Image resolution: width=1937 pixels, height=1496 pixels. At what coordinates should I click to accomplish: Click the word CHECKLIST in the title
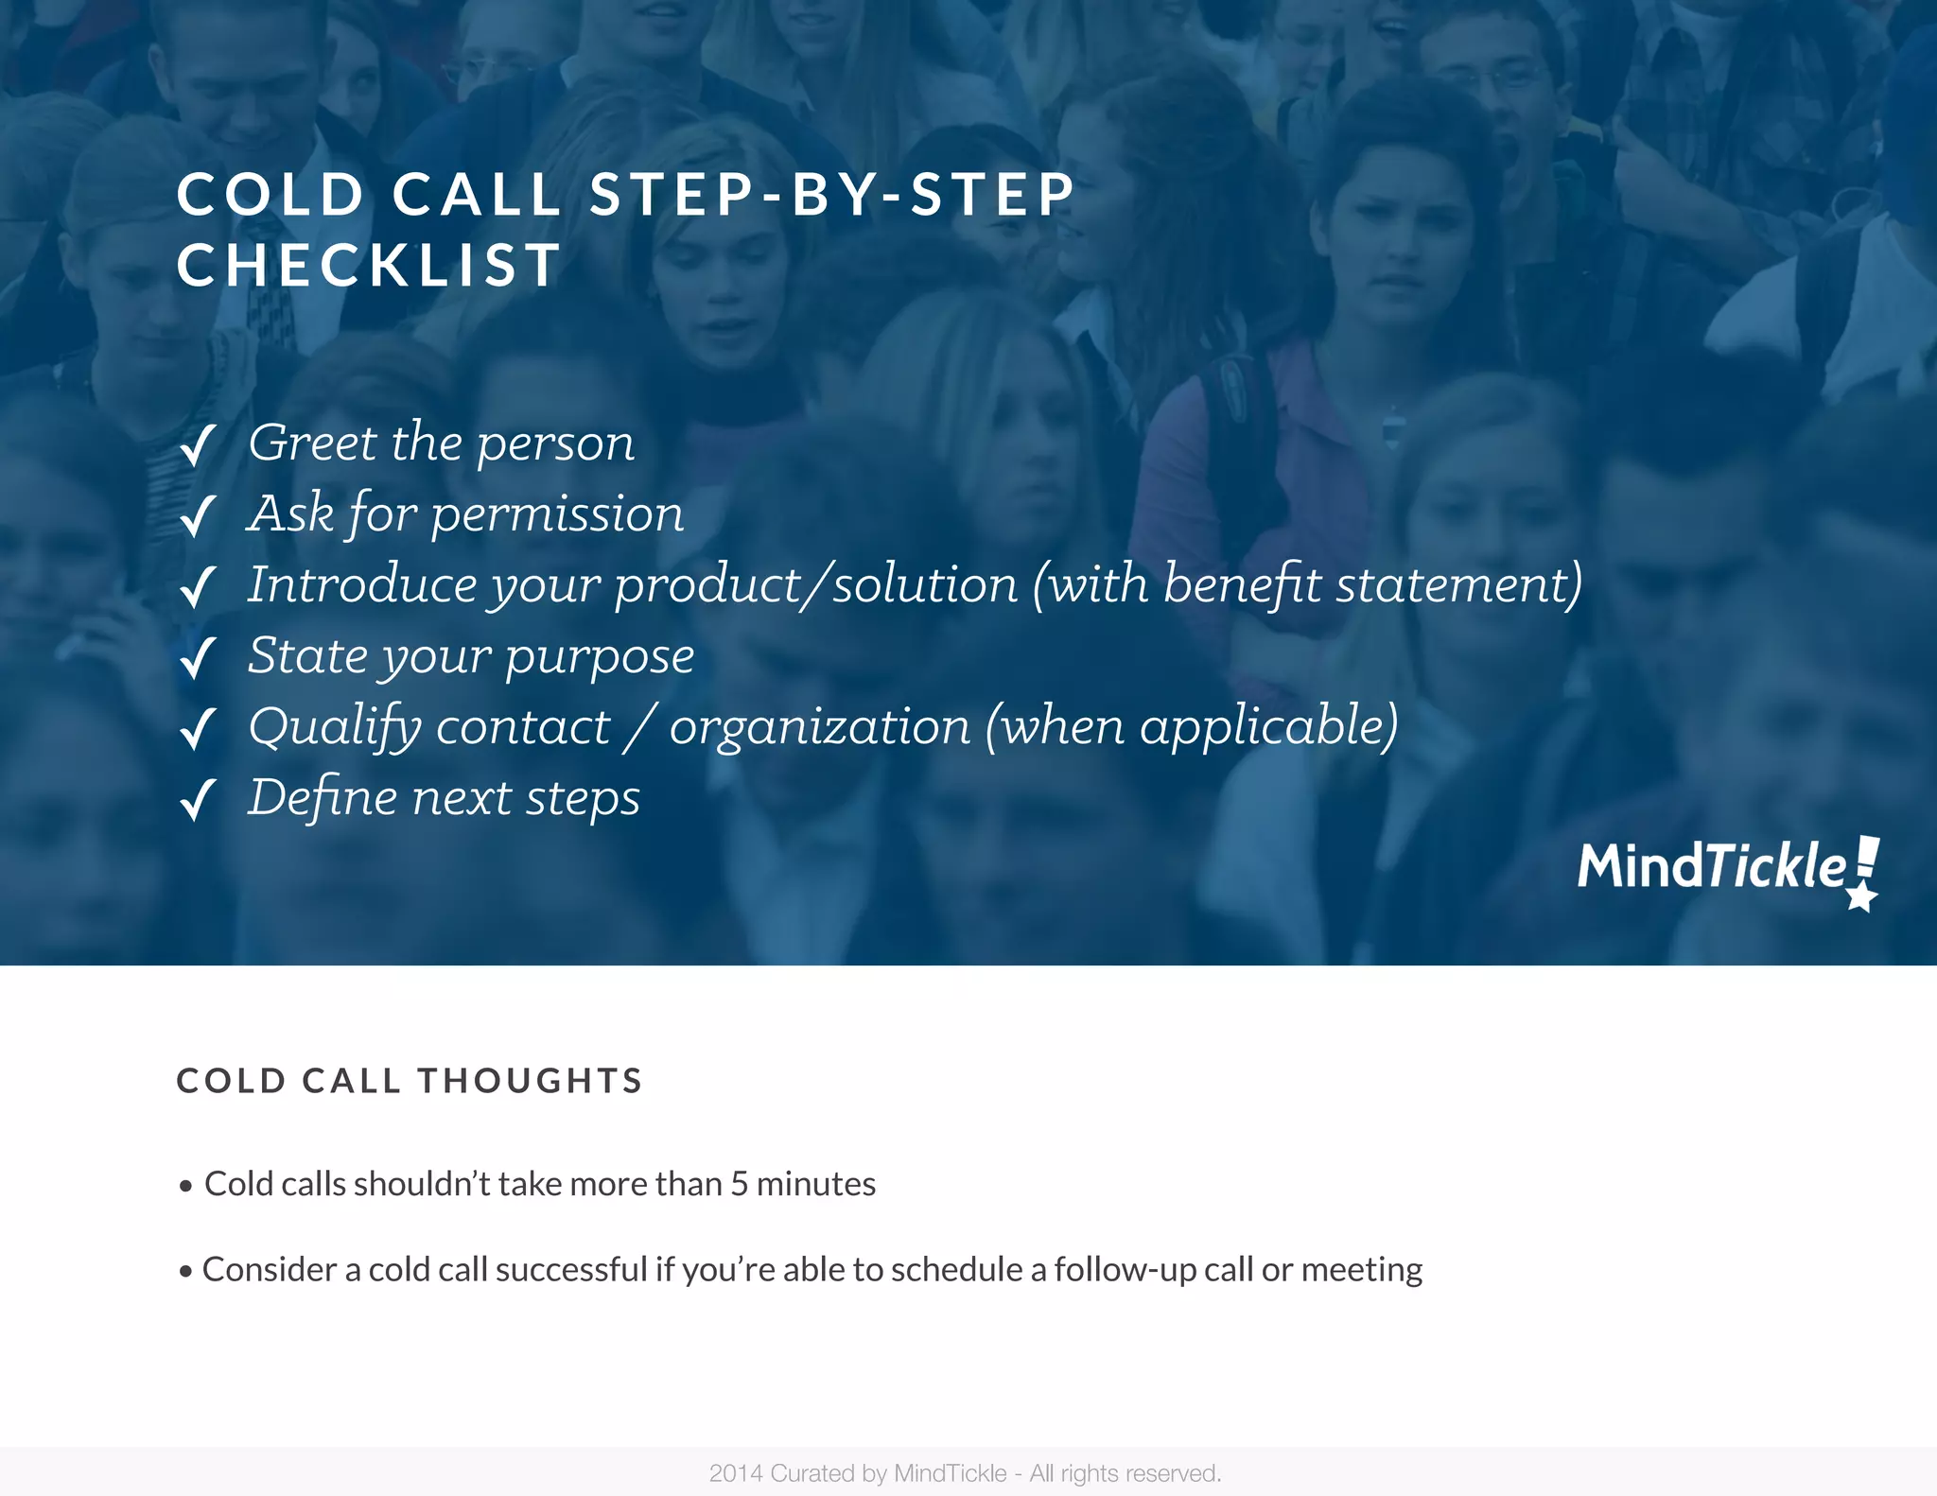[x=369, y=265]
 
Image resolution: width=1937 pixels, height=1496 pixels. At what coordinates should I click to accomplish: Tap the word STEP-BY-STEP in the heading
[x=832, y=195]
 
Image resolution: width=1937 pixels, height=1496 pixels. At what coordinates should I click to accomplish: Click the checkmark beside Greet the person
[x=198, y=445]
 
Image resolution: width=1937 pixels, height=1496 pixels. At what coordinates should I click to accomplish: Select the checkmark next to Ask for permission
[x=198, y=516]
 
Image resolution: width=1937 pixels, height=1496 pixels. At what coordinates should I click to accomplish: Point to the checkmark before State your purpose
[x=198, y=658]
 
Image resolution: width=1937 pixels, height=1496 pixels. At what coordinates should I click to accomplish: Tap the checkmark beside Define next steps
[x=198, y=800]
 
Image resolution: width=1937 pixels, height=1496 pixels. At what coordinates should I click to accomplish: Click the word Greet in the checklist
[x=312, y=443]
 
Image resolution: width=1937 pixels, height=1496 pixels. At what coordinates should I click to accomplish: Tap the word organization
[x=820, y=727]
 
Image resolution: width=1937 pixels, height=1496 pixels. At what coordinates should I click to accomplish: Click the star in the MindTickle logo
[x=1861, y=896]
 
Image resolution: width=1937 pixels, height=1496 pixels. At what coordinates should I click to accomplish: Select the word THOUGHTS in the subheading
[x=531, y=1081]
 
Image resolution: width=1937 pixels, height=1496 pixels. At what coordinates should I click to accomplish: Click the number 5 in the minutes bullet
[x=739, y=1184]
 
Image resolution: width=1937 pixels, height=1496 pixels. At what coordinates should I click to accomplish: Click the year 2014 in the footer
[x=736, y=1473]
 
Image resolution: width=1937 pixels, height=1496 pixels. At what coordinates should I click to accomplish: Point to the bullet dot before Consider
[x=185, y=1271]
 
